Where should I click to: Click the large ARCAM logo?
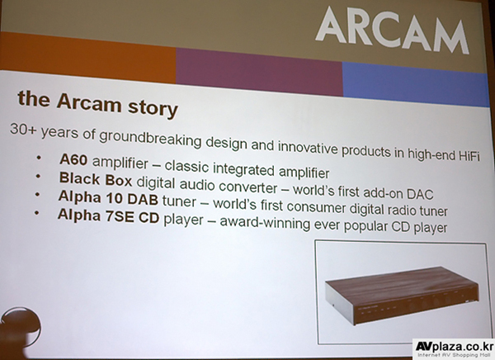pos(392,30)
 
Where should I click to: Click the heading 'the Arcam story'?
pos(98,104)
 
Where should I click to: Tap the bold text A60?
pos(73,160)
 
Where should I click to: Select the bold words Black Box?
pos(96,179)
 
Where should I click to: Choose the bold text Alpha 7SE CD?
pos(108,216)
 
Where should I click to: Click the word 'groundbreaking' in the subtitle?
pos(150,138)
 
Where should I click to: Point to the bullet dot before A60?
pos(39,157)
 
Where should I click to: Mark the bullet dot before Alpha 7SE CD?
pos(37,213)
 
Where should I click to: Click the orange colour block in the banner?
pos(87,57)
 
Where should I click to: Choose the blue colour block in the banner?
pos(416,83)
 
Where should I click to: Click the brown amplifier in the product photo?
pos(402,296)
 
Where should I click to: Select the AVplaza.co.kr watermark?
pos(454,349)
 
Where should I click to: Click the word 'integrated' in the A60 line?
pos(243,168)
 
